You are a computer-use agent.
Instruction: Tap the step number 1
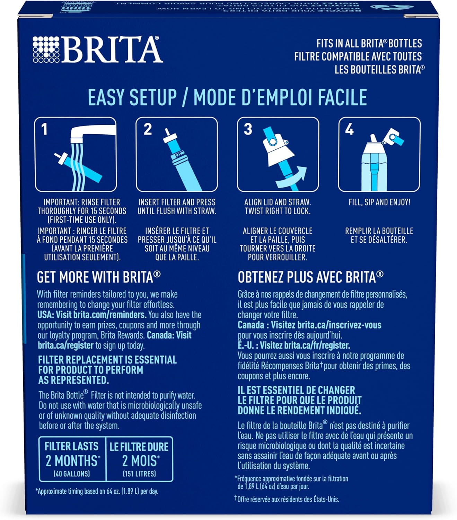point(44,129)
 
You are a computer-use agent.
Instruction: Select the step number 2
point(148,129)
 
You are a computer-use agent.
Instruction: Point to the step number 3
point(248,129)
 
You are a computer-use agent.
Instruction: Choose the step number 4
point(349,129)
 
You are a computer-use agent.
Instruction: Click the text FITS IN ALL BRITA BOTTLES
point(369,44)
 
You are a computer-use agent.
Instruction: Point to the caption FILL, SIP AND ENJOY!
point(379,202)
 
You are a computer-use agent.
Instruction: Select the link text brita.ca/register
point(65,345)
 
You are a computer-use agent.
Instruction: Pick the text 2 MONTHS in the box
point(72,461)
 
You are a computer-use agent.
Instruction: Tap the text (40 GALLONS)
point(72,474)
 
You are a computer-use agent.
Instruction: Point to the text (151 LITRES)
point(139,474)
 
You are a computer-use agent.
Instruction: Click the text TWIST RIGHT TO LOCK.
point(278,211)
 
